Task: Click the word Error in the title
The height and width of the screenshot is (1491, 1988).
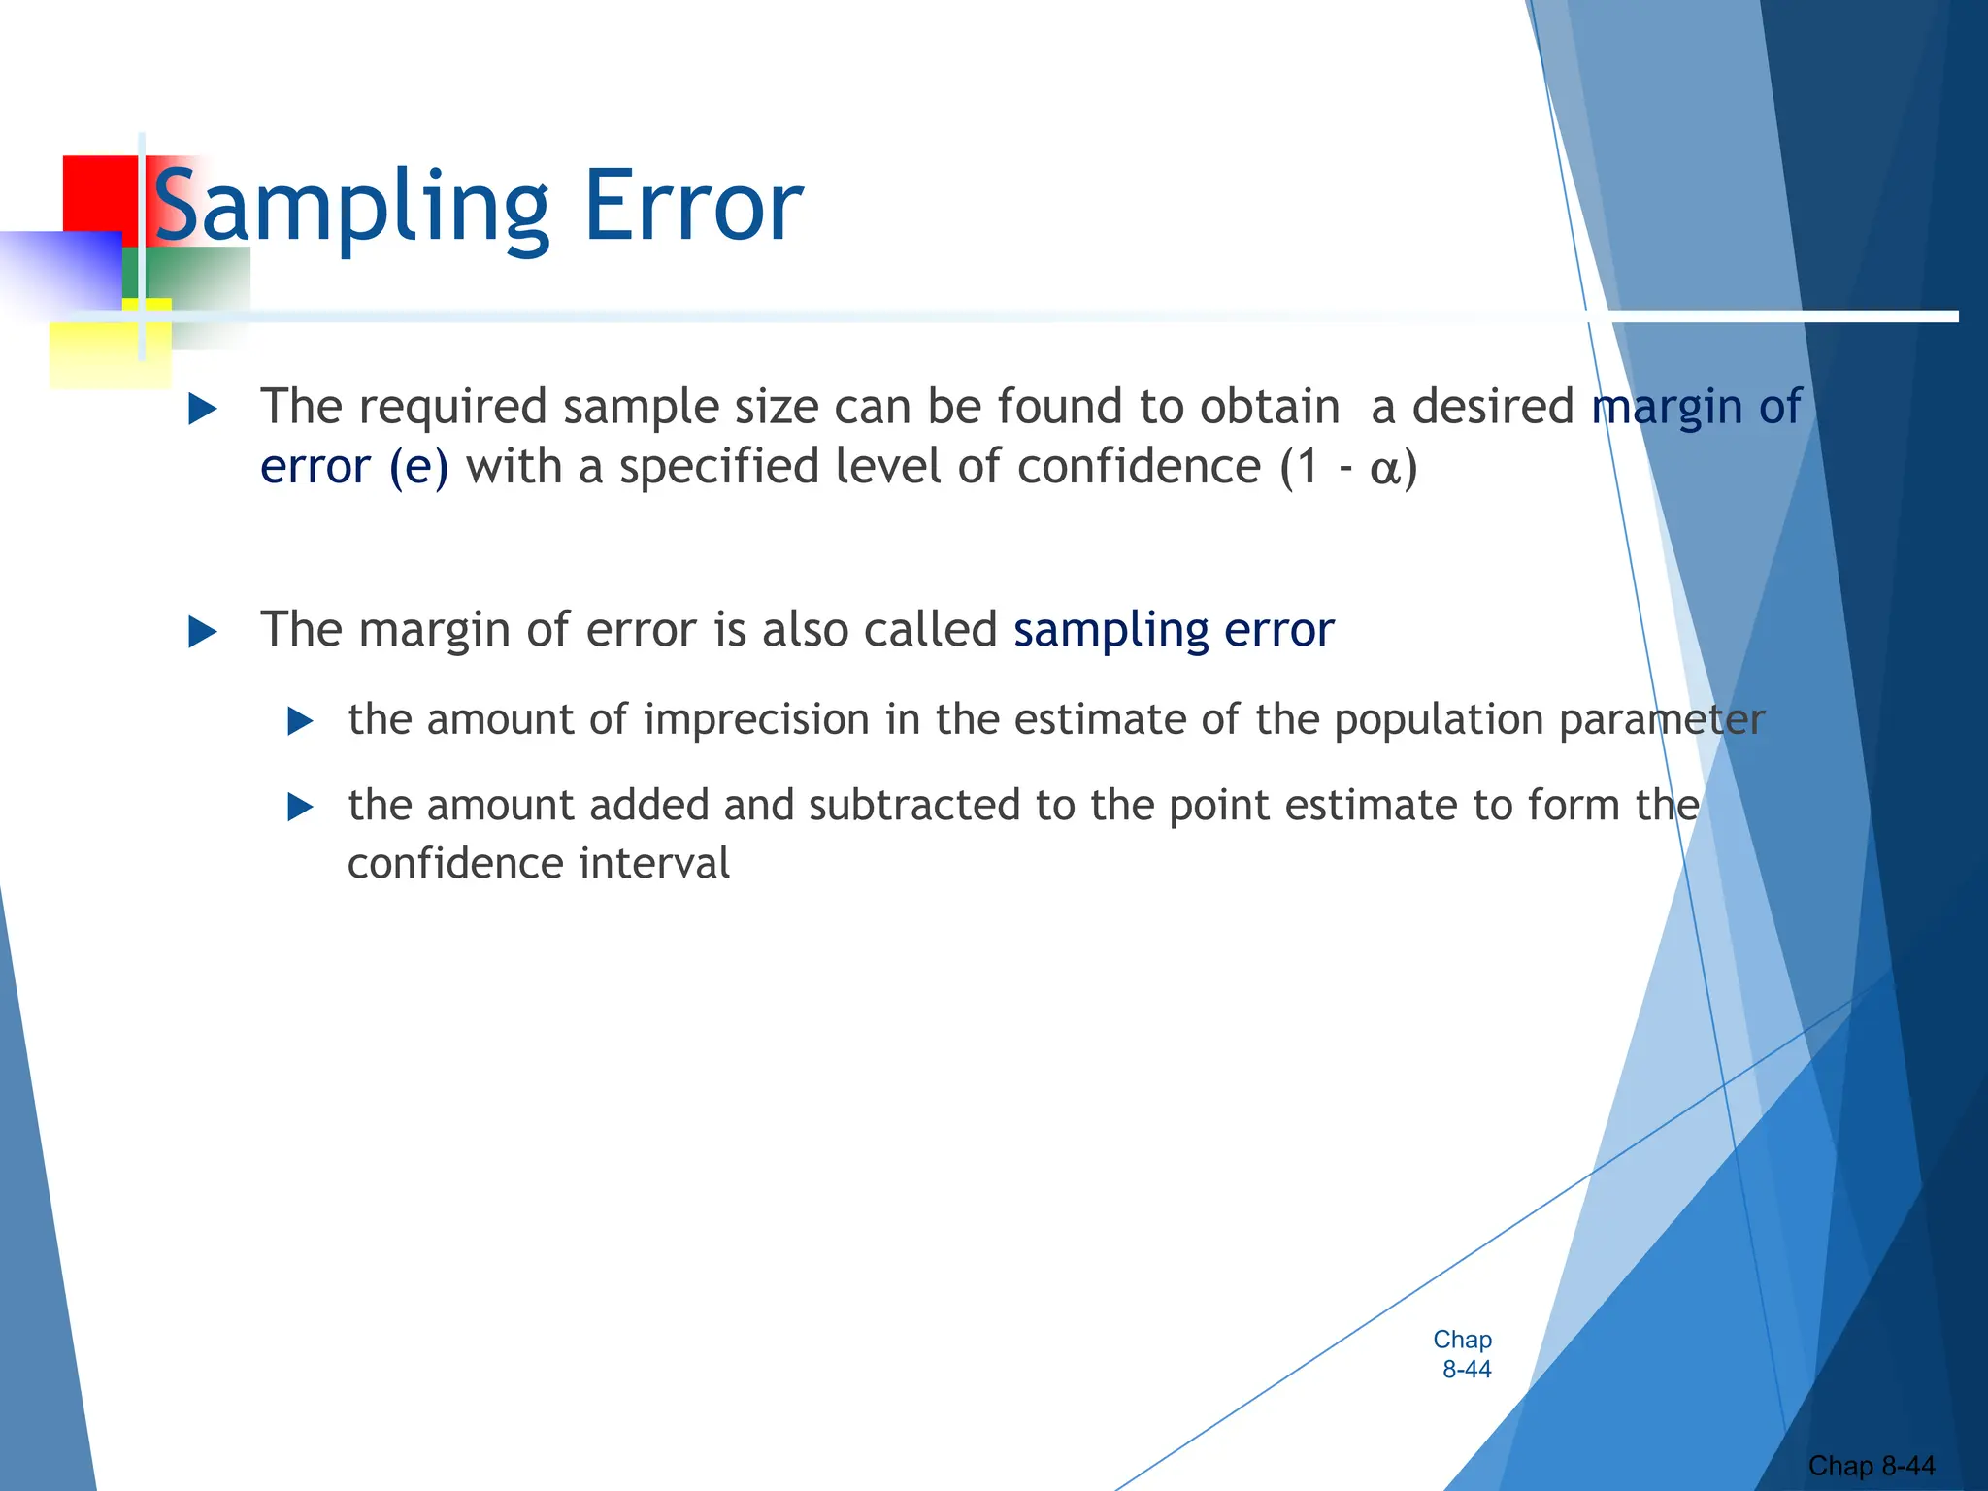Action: [x=693, y=207]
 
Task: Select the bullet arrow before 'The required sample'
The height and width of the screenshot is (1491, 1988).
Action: [x=202, y=409]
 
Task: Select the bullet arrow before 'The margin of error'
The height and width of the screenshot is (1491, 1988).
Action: [x=202, y=632]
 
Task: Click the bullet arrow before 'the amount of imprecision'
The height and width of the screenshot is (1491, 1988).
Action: [x=301, y=721]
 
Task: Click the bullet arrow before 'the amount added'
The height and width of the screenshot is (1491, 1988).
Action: [x=301, y=807]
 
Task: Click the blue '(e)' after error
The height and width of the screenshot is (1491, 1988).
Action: [x=418, y=467]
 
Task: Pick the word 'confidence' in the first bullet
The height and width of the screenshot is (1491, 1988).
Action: [x=1138, y=467]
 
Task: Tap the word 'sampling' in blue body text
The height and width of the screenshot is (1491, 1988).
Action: [x=1110, y=631]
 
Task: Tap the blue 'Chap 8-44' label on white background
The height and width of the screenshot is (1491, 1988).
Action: [x=1463, y=1354]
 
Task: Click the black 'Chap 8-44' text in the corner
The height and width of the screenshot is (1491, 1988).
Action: [x=1871, y=1465]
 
